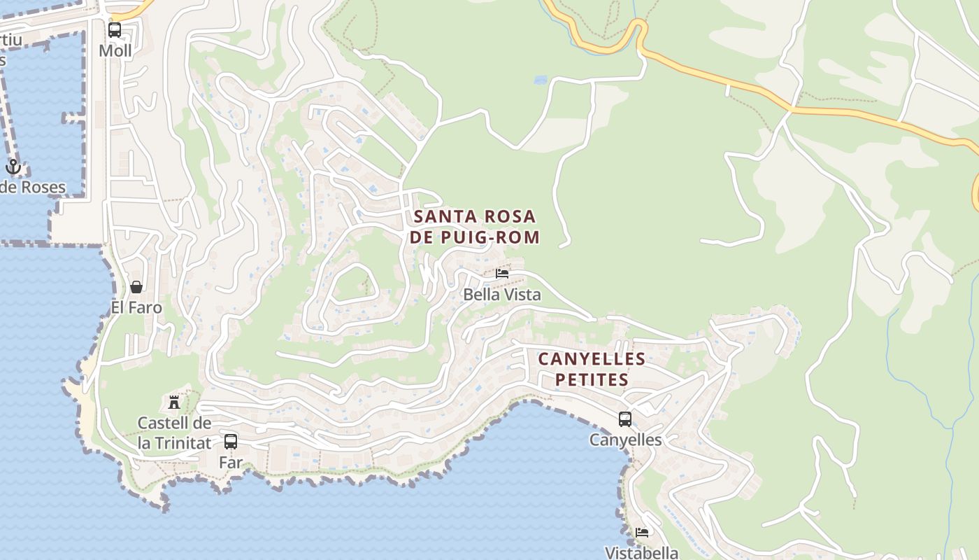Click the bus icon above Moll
pos(115,30)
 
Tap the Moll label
pos(115,50)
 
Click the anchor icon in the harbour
pos(13,167)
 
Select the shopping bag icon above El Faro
pos(136,287)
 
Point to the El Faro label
pos(136,307)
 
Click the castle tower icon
pos(174,402)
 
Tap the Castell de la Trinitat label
pos(174,433)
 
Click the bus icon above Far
pos(231,442)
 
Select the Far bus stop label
pos(231,462)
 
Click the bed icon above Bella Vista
pos(502,274)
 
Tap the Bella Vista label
pos(502,295)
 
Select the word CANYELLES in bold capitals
pos(592,359)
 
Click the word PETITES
pos(592,380)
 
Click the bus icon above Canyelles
pos(625,419)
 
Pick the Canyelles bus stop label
pos(625,440)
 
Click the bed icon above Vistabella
pos(642,533)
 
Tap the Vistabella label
pos(642,552)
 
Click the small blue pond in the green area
pos(541,80)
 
